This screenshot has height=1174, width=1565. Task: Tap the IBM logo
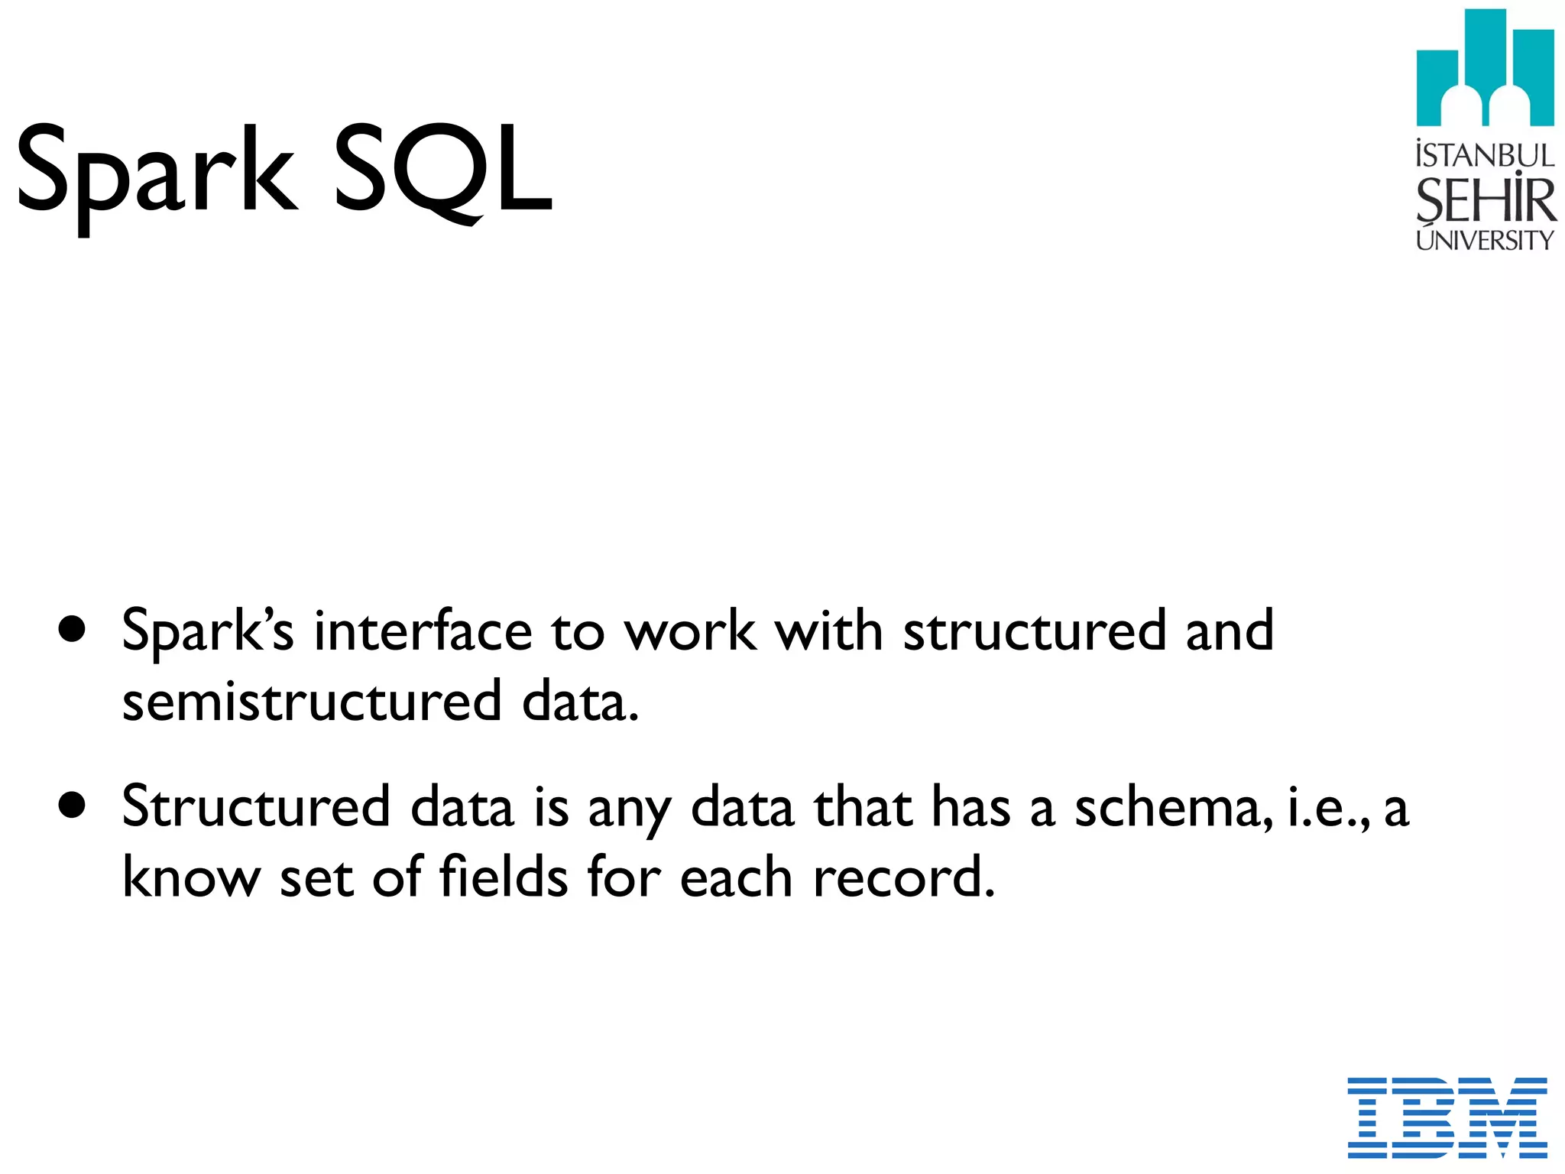click(x=1447, y=1117)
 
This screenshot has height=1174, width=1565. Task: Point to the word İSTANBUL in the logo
click(x=1485, y=155)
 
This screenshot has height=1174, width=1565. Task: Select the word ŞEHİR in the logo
click(x=1485, y=200)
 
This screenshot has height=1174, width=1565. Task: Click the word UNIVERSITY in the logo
click(x=1485, y=241)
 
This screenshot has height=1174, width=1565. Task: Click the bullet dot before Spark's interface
click(x=72, y=631)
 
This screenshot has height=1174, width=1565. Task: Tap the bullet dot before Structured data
click(x=72, y=806)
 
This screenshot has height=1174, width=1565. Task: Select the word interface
click(x=423, y=631)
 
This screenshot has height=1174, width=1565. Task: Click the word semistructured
click(x=312, y=702)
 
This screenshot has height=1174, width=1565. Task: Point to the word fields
click(x=504, y=877)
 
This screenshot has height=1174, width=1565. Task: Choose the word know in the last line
click(x=192, y=877)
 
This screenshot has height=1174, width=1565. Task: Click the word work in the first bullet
click(x=691, y=631)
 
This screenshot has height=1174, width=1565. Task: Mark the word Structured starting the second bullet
click(x=256, y=807)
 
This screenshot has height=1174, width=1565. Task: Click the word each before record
click(x=735, y=878)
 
